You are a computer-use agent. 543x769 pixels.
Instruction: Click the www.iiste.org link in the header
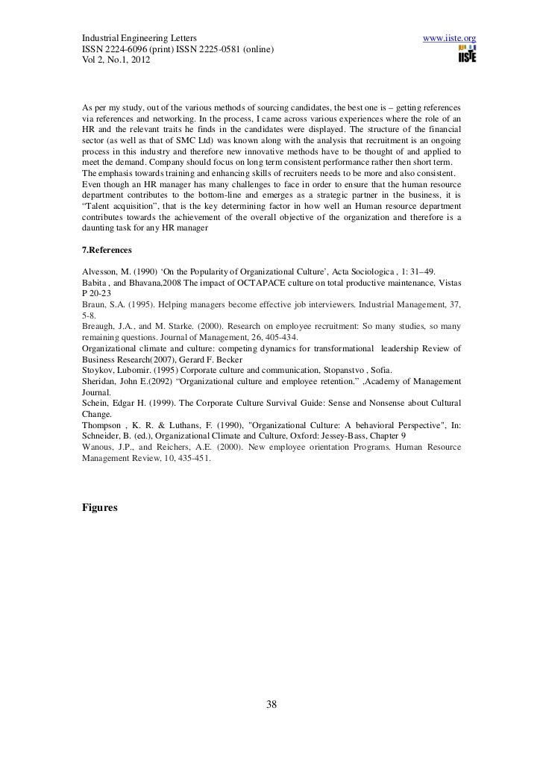point(449,37)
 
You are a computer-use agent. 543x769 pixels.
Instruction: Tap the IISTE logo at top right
point(468,54)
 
